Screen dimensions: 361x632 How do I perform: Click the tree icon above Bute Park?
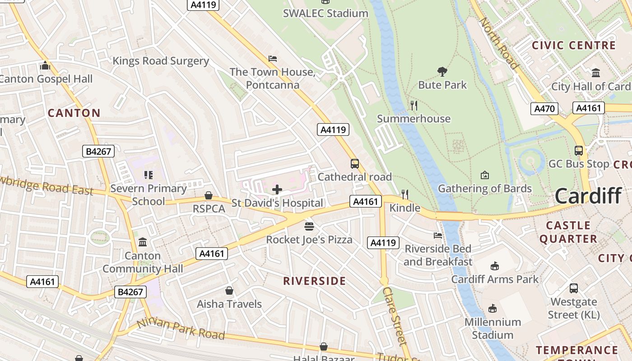pos(442,71)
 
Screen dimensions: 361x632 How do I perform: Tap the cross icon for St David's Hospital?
pos(277,190)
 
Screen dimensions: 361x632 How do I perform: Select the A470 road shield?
pos(544,108)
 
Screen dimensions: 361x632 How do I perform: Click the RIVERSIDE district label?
pos(314,281)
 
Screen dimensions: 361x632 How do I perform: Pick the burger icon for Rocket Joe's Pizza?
pos(309,226)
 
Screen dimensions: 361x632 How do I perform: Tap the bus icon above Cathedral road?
pos(355,164)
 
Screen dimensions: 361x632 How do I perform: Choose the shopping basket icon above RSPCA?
pos(209,196)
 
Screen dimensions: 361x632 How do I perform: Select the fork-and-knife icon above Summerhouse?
pos(414,106)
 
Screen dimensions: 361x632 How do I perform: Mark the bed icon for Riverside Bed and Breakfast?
pos(438,235)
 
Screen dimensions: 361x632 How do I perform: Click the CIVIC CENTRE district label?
pos(573,46)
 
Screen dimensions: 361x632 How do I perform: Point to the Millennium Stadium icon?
pos(493,309)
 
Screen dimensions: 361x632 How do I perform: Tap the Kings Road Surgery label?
pos(161,61)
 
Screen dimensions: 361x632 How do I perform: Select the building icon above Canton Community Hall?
pos(143,242)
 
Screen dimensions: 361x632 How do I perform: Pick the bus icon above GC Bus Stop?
pos(578,151)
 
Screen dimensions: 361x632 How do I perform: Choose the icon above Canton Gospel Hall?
pos(45,66)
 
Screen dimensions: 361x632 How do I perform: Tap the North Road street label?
pos(498,43)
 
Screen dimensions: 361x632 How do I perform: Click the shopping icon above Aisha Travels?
pos(229,291)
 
